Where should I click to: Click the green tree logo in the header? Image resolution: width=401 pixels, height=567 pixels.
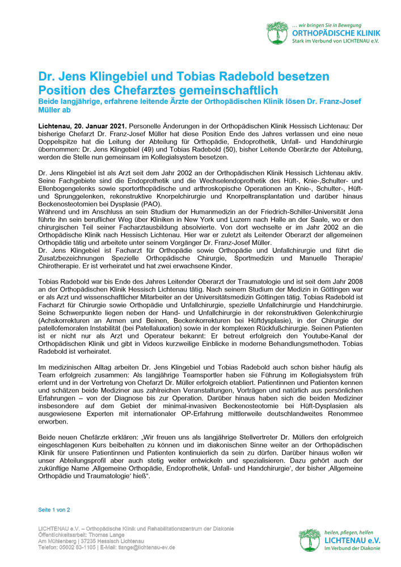point(277,33)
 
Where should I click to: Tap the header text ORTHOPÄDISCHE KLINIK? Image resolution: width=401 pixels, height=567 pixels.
point(336,33)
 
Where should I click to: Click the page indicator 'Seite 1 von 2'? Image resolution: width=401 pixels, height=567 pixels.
point(54,510)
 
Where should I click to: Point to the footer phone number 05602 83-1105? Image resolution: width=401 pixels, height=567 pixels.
point(78,547)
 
